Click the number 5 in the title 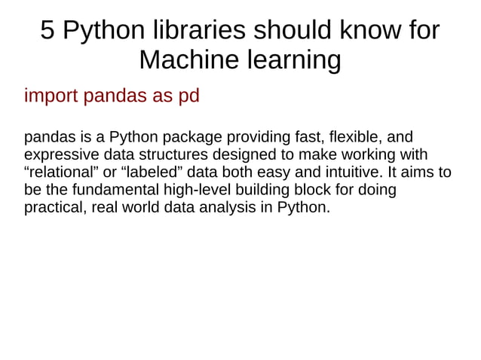pos(47,30)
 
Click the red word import pos(51,97)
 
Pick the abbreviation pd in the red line pos(188,97)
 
